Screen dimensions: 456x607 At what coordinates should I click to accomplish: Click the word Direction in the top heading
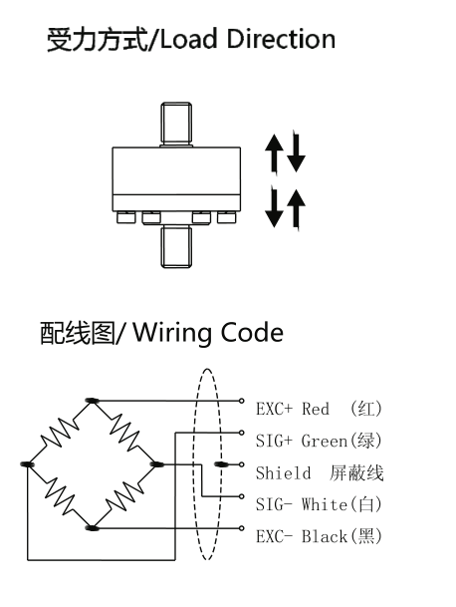point(281,39)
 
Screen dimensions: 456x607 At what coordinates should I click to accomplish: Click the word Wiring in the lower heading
point(173,333)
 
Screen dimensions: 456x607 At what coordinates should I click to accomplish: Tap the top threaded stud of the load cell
point(176,124)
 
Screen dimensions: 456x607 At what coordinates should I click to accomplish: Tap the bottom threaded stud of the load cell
point(176,246)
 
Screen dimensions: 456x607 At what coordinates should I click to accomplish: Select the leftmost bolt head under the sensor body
point(126,217)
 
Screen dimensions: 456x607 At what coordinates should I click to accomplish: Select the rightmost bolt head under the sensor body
point(226,217)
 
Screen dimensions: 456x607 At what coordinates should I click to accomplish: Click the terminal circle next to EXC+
point(242,401)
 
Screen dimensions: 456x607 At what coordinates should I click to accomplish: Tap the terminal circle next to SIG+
point(242,433)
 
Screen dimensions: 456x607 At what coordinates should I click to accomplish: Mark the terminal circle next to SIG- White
point(242,496)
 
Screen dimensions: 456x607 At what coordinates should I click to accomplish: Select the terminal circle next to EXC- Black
point(242,528)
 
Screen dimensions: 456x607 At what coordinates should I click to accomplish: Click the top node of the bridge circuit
point(92,401)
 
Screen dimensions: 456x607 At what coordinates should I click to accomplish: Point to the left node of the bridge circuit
point(27,464)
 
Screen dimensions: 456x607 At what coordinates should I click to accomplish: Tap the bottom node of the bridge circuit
point(92,528)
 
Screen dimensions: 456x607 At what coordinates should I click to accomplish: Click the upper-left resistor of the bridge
point(60,433)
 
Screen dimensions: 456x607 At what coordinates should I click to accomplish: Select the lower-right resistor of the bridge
point(124,496)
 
